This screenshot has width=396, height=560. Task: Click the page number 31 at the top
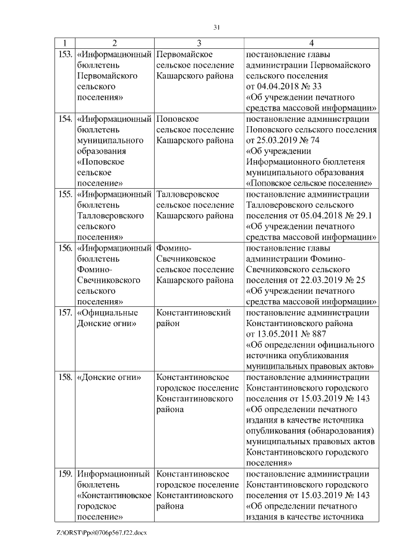[x=217, y=27]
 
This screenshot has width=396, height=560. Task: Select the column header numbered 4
[x=311, y=43]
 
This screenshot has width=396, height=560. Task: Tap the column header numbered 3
[x=199, y=43]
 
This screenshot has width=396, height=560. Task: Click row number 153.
[x=64, y=54]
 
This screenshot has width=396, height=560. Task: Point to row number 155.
[x=64, y=194]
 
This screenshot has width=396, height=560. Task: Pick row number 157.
[x=64, y=312]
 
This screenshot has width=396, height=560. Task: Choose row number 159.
[x=64, y=474]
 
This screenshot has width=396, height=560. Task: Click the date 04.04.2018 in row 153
[x=277, y=87]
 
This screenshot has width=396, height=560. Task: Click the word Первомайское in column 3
[x=185, y=54]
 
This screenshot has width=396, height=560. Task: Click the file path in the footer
[x=101, y=533]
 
